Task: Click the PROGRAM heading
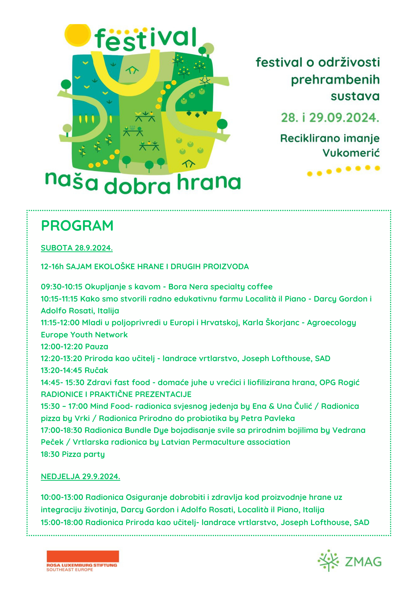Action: (77, 226)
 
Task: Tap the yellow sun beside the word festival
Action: (77, 35)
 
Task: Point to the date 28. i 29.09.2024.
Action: (330, 118)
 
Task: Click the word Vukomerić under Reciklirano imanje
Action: (351, 153)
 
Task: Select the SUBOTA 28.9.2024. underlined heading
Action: (77, 248)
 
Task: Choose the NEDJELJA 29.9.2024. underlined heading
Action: (80, 476)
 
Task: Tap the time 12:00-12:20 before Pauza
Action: (62, 346)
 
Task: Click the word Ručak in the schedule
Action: (96, 370)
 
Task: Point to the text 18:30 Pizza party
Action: (73, 454)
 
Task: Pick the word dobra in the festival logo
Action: (138, 185)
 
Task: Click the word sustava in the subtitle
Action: (355, 96)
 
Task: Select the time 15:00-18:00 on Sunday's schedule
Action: (62, 522)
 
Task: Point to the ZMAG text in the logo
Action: (363, 562)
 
